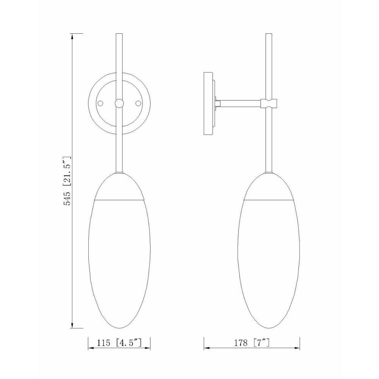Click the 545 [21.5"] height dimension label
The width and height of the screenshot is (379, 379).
(x=67, y=181)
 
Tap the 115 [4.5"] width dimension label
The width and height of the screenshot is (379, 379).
(x=119, y=343)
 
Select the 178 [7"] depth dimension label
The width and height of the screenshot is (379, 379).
(x=252, y=343)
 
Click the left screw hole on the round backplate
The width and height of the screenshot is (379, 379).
(x=100, y=103)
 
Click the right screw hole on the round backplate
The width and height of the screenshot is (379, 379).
(x=138, y=103)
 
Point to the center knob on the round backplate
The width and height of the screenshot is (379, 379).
(x=119, y=103)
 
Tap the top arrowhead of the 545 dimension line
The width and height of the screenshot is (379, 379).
(x=72, y=36)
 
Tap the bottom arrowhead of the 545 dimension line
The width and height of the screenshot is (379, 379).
(x=72, y=325)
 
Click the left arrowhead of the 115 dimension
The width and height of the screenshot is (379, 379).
(x=91, y=348)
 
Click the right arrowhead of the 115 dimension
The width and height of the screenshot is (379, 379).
(x=147, y=348)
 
